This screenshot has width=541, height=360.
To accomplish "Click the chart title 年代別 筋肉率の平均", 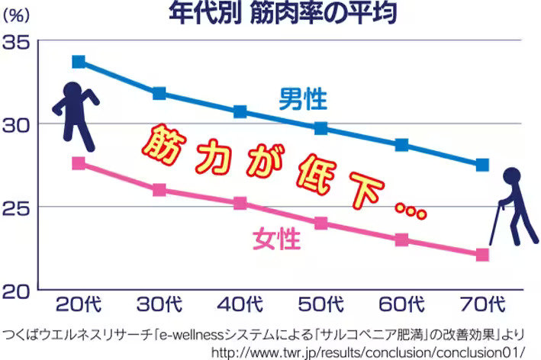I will (x=282, y=14).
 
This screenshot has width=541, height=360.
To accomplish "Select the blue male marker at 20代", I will (x=79, y=62).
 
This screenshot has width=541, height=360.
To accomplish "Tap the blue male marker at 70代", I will (x=482, y=165).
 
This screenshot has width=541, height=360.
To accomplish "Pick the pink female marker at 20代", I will (x=79, y=163).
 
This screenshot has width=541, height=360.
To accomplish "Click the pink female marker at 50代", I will (x=321, y=223).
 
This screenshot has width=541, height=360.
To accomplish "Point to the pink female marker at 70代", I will (x=482, y=255).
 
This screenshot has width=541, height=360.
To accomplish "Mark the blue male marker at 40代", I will (x=240, y=111).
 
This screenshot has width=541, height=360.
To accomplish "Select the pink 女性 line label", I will (x=277, y=240).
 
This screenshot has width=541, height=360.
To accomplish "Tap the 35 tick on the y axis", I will (x=17, y=43).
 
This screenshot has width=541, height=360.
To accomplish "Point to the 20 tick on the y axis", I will (x=17, y=291).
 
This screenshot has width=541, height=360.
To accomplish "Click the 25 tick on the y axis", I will (x=17, y=207).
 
